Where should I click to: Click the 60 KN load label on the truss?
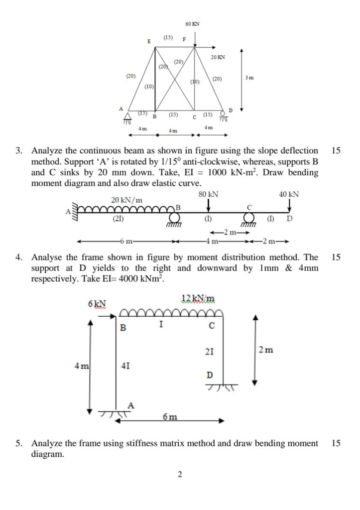point(192,24)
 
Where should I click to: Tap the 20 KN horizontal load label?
point(218,58)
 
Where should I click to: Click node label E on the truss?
point(148,41)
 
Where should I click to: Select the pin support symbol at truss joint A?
point(127,117)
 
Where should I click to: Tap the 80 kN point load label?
point(208,194)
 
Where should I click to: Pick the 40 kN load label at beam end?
point(289,194)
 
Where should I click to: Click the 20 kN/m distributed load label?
point(126,200)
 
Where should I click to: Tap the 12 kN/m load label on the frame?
point(198,298)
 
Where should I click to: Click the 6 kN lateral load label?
point(96,303)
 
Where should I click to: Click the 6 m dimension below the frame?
point(169,416)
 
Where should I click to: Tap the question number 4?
point(18,257)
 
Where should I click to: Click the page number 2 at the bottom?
point(180,474)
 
